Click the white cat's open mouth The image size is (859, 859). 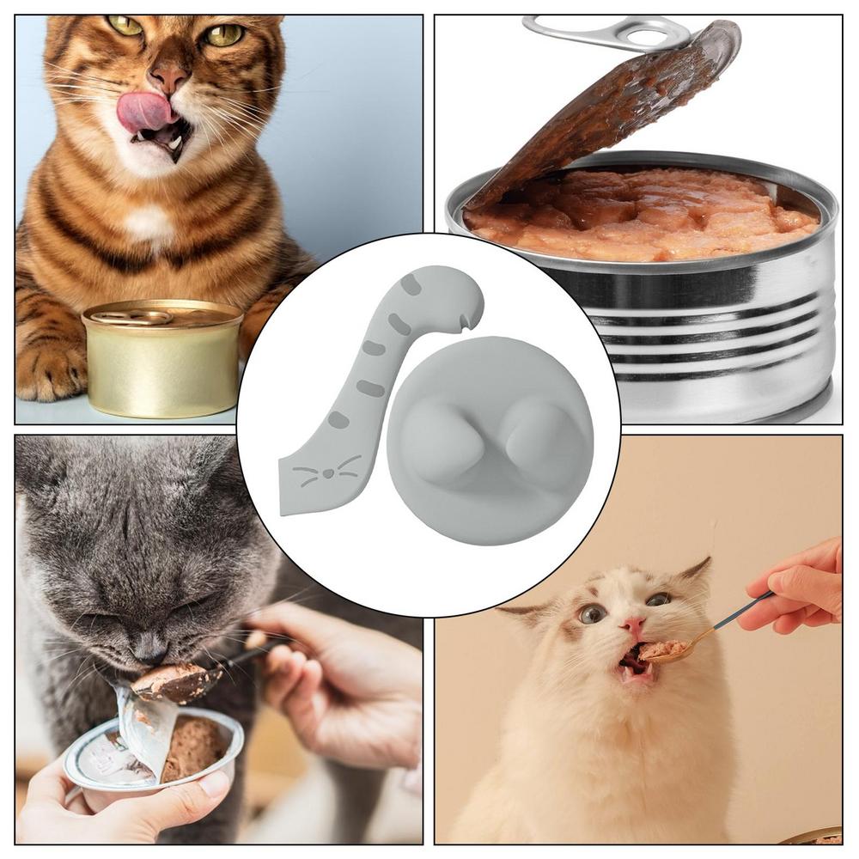tap(636, 661)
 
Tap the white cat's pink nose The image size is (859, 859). tap(634, 625)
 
